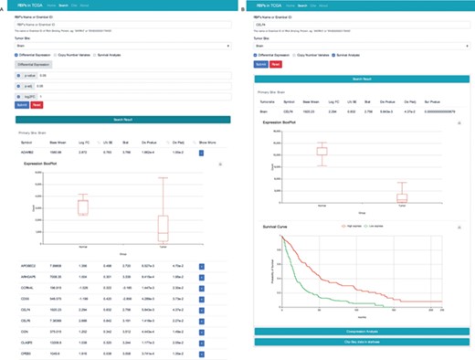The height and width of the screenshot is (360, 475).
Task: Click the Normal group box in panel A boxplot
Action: pyautogui.click(x=84, y=206)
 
